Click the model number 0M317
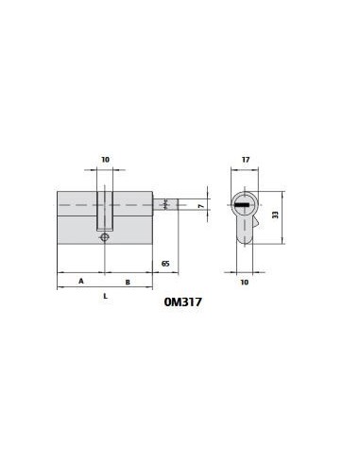click(182, 302)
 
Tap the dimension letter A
click(81, 281)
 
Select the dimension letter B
click(128, 283)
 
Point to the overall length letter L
click(106, 296)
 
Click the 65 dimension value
click(165, 264)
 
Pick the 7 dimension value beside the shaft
click(202, 206)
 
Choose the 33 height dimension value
click(275, 215)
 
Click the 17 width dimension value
click(246, 160)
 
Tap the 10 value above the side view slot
click(106, 160)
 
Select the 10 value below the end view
click(245, 283)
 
